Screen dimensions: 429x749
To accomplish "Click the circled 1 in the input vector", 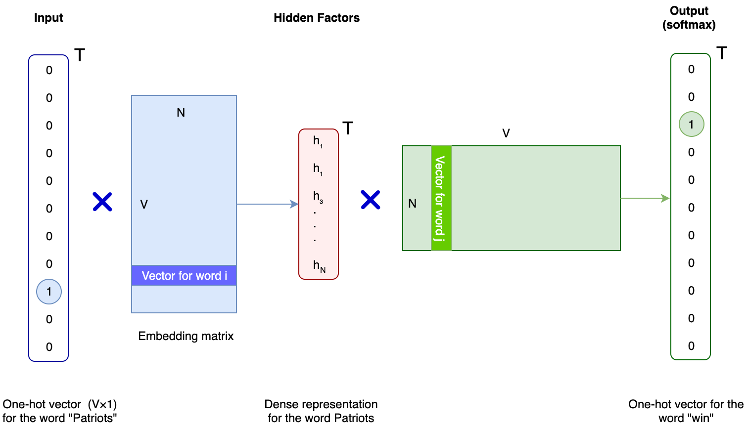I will [x=49, y=292].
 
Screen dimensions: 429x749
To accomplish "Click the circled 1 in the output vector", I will [x=691, y=124].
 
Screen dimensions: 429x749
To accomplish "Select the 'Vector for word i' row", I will [x=184, y=275].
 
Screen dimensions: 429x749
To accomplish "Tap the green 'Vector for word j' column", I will [x=441, y=198].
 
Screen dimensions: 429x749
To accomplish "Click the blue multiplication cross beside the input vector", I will [x=102, y=202].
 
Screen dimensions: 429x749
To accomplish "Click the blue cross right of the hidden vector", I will [x=370, y=200].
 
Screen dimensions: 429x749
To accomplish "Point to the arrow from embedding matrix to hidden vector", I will [x=267, y=204].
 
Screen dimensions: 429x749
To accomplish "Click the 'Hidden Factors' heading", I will [x=317, y=18].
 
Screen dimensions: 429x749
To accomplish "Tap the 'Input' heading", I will [x=48, y=18].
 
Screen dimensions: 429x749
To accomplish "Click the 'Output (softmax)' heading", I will [x=689, y=18].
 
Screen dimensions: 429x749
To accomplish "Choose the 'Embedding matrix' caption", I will [x=186, y=336].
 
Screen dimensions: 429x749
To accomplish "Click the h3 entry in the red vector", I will [x=318, y=197].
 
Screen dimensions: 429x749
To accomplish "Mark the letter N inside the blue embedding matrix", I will [x=181, y=113].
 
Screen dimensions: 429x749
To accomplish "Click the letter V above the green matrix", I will [x=506, y=133].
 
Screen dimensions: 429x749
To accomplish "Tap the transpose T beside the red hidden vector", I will [x=348, y=129].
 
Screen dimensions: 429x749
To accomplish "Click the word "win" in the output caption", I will [x=702, y=418].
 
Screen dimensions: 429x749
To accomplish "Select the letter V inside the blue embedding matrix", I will [x=144, y=204].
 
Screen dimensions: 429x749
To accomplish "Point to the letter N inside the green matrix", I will [x=412, y=204].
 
